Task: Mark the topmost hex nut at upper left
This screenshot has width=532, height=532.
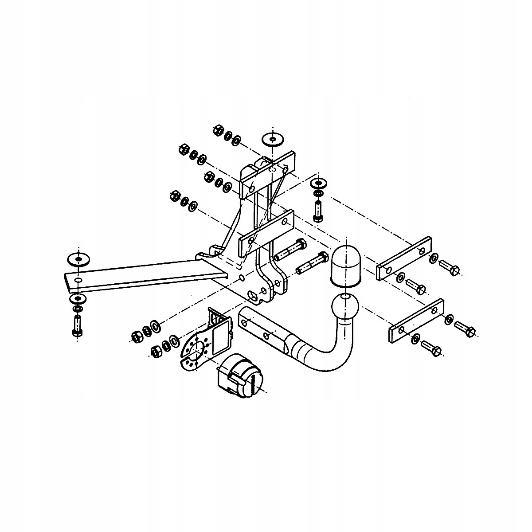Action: pyautogui.click(x=218, y=130)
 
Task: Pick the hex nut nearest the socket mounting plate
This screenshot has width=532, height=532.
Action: pyautogui.click(x=156, y=351)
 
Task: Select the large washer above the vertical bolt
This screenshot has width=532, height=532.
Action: pyautogui.click(x=318, y=183)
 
